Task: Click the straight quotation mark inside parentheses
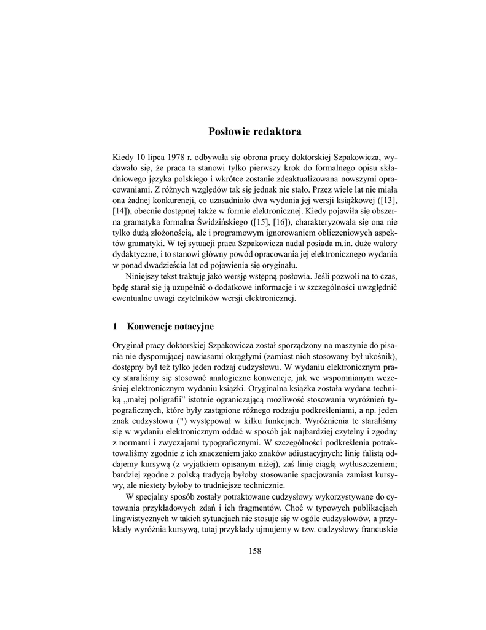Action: tap(179, 421)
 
